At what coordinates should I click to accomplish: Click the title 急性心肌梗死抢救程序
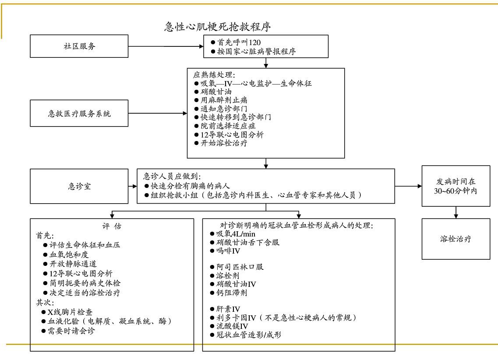(217, 27)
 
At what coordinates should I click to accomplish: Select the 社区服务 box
(79, 46)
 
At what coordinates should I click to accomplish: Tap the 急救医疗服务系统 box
(79, 114)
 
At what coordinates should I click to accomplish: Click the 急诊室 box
(79, 186)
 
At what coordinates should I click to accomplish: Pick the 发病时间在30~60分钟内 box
(456, 186)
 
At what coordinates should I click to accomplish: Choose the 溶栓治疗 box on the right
(456, 239)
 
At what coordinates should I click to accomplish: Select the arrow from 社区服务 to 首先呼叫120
(166, 46)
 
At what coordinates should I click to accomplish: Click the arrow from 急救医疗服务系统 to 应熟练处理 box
(158, 114)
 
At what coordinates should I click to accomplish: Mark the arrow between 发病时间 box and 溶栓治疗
(456, 212)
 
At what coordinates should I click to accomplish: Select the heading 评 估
(112, 226)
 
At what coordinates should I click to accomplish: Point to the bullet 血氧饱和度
(68, 254)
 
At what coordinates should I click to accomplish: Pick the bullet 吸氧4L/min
(231, 233)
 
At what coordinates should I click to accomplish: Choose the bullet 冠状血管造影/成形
(248, 335)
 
